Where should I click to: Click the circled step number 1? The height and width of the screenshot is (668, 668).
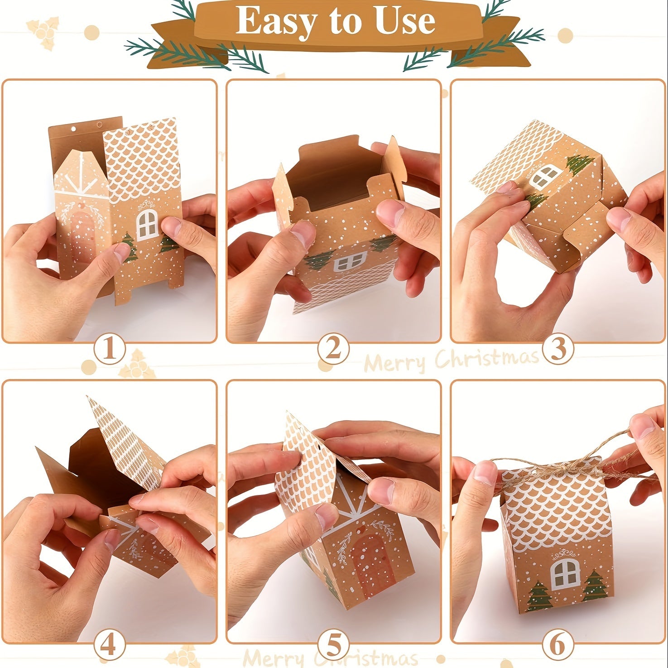click(109, 349)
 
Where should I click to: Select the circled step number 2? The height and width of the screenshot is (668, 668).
click(333, 349)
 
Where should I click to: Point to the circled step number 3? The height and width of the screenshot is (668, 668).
click(558, 349)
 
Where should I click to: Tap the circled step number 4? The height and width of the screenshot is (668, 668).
click(109, 645)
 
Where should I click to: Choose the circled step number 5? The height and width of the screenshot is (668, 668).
click(333, 645)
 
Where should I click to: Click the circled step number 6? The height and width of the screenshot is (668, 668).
click(558, 645)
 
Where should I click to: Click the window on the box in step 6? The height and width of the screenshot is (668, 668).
click(565, 574)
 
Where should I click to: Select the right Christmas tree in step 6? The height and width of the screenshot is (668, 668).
click(595, 586)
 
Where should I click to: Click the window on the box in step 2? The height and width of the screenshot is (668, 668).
click(349, 262)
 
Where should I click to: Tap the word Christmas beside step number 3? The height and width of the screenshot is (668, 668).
click(487, 358)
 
